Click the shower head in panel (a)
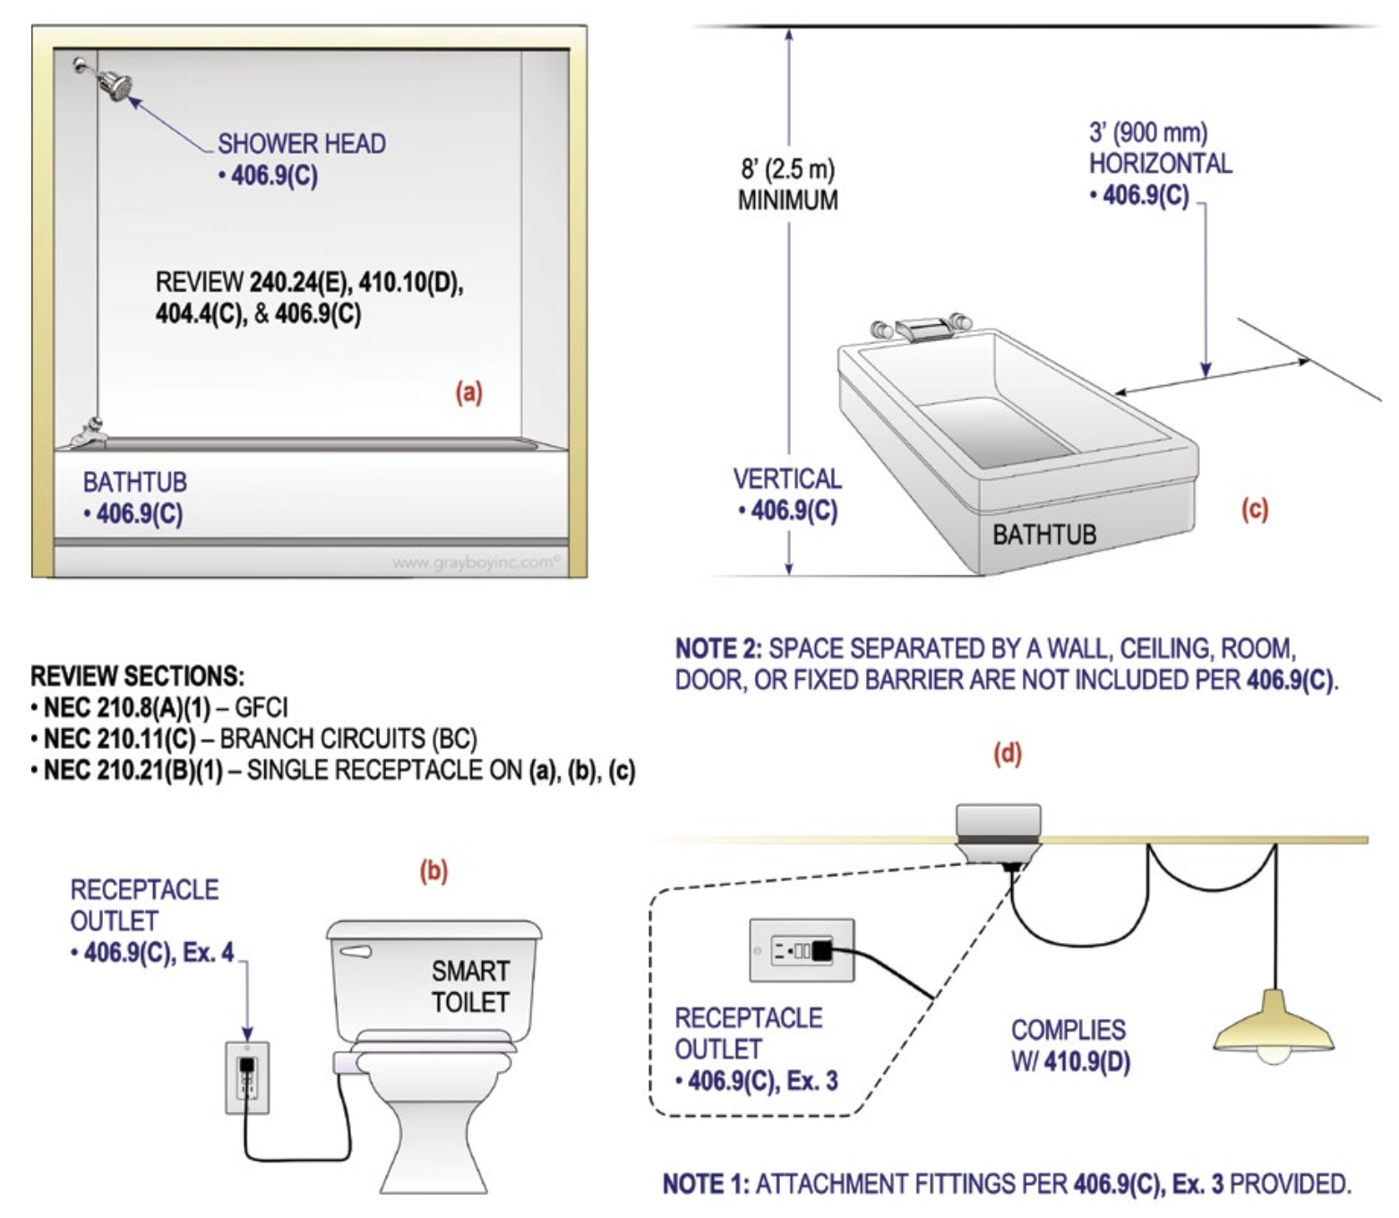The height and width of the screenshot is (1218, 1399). coord(114,84)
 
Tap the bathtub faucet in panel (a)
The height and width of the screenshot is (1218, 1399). coord(89,433)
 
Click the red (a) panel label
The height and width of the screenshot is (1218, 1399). coord(468,392)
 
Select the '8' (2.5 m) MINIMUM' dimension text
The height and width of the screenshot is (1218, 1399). coord(787,184)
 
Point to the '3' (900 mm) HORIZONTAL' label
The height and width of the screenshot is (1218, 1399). coord(1159,149)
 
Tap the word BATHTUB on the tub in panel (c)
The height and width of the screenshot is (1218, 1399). coord(1043,535)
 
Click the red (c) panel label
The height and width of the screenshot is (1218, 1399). coord(1254,510)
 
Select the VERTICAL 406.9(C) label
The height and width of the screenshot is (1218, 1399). coord(787,493)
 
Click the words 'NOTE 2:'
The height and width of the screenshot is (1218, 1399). coord(717,648)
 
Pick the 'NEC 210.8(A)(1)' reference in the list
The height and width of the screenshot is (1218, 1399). coord(126,708)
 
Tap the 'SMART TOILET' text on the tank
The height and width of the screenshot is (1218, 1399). coord(470,986)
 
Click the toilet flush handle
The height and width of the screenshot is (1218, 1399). coord(356,951)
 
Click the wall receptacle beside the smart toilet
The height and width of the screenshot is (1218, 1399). coord(247,1077)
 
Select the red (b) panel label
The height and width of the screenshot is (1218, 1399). coord(433,871)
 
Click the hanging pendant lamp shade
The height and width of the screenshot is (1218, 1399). coord(1273,1025)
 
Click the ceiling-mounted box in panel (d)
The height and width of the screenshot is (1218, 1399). coord(998,828)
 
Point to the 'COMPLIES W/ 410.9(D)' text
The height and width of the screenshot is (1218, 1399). coord(1070,1045)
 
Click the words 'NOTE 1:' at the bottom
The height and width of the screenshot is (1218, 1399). coord(706,1184)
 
